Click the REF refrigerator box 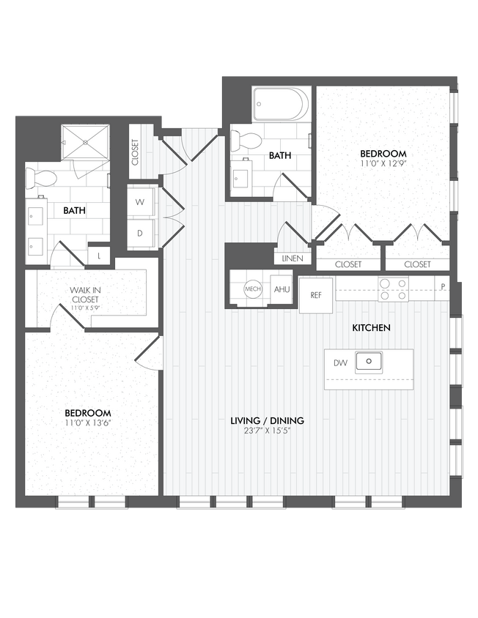tap(316, 296)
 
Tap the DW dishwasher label tap(339, 362)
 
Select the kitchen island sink tap(369, 362)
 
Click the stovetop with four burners tap(393, 289)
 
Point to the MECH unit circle tap(253, 289)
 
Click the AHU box tap(282, 289)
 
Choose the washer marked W tap(140, 202)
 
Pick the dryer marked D tap(140, 234)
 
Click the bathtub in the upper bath tap(283, 105)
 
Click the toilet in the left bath tap(40, 178)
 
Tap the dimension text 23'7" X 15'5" tap(267, 431)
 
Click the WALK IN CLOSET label tap(86, 294)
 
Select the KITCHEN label tap(371, 327)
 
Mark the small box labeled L tap(99, 256)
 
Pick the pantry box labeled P tap(443, 285)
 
